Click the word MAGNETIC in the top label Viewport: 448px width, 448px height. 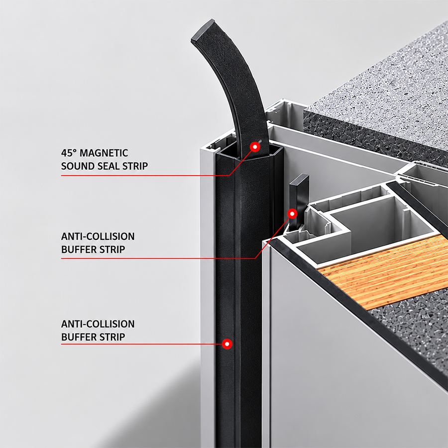(104, 153)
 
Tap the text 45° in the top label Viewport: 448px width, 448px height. (69, 153)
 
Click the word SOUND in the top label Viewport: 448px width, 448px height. (78, 166)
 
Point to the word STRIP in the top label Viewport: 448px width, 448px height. (135, 166)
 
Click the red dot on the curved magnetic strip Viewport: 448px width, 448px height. (255, 147)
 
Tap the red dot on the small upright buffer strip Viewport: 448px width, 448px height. (292, 214)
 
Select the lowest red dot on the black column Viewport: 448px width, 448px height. (227, 344)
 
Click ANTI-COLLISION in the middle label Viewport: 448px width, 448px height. (98, 236)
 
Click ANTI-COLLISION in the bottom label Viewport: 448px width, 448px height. (98, 324)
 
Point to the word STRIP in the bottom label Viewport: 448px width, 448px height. (109, 337)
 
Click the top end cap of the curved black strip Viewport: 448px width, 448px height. (204, 30)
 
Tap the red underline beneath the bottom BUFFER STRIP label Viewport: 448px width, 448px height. (142, 344)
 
